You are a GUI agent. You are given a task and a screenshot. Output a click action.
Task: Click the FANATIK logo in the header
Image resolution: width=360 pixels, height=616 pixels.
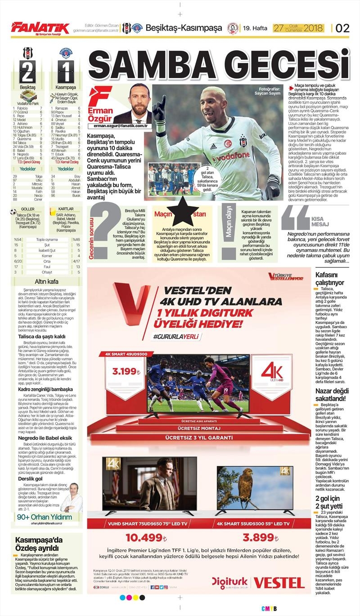point(40,28)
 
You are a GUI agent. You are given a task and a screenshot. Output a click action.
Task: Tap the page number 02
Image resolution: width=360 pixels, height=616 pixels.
point(342,28)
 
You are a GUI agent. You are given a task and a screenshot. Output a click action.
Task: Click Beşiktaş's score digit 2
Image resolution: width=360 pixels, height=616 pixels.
point(27,72)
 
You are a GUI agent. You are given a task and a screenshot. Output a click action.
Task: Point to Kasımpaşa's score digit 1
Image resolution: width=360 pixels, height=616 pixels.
point(65,72)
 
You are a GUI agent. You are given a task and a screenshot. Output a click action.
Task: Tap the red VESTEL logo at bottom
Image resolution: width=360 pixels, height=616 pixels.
point(279,583)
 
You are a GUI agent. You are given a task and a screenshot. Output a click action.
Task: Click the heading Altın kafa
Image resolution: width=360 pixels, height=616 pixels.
point(41,281)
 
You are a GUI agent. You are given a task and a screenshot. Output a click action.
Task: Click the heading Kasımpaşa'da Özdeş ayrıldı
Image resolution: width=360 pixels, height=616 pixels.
point(37,544)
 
